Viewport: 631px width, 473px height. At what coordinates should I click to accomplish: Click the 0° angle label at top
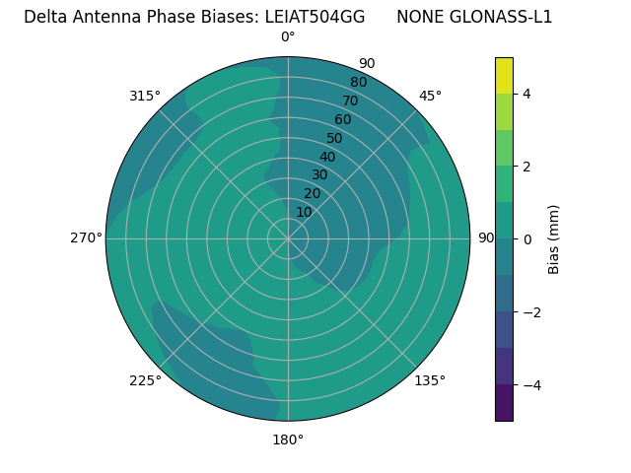pyautogui.click(x=288, y=37)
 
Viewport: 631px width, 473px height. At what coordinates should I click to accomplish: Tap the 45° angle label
pyautogui.click(x=430, y=96)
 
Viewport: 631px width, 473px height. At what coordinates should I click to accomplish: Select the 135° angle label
pyautogui.click(x=430, y=380)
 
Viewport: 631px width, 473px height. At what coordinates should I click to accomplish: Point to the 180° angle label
pyautogui.click(x=288, y=439)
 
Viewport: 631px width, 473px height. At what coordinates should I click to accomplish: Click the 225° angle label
pyautogui.click(x=145, y=381)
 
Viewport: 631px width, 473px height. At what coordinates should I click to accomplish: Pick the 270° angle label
pyautogui.click(x=86, y=237)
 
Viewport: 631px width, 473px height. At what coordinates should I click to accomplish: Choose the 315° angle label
pyautogui.click(x=145, y=96)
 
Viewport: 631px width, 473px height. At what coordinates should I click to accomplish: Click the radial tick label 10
pyautogui.click(x=304, y=212)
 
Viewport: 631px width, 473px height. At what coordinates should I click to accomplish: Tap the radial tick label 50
pyautogui.click(x=334, y=138)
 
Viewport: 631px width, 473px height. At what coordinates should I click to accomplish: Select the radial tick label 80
pyautogui.click(x=358, y=82)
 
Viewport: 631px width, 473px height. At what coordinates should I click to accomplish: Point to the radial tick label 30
pyautogui.click(x=319, y=175)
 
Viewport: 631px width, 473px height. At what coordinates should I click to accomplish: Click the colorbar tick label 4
pyautogui.click(x=526, y=94)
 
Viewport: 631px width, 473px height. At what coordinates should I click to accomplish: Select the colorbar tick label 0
pyautogui.click(x=526, y=239)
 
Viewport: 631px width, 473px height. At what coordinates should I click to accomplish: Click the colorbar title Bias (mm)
pyautogui.click(x=554, y=239)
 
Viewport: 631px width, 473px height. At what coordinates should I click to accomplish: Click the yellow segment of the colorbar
pyautogui.click(x=504, y=75)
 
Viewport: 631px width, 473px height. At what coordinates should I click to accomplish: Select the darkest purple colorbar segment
pyautogui.click(x=504, y=403)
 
